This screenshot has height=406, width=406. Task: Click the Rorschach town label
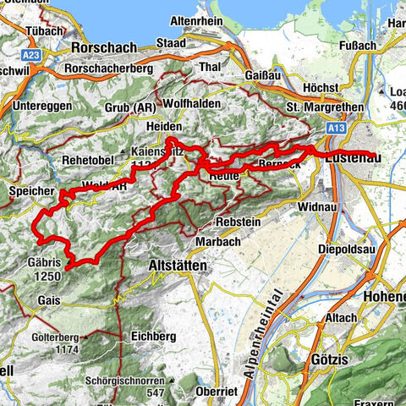tap(110, 47)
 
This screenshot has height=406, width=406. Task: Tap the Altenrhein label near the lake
tap(201, 18)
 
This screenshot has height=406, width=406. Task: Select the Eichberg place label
tap(152, 337)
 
